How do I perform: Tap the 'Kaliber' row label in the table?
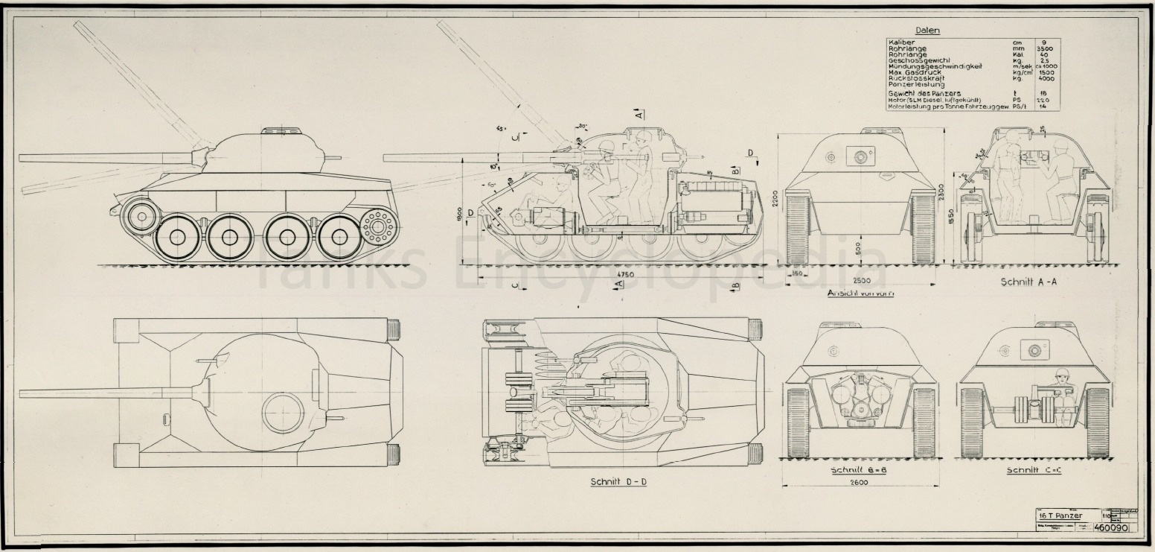coord(901,42)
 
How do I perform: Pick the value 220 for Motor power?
coord(1044,100)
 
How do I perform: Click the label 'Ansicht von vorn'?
coord(860,293)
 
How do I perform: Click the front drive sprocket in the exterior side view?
coord(140,215)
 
